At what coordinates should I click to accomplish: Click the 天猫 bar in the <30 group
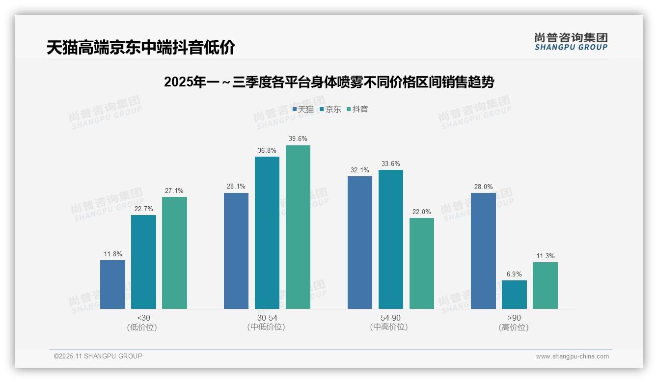112,284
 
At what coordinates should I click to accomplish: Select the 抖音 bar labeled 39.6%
298,227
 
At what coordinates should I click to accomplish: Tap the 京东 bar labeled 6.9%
514,295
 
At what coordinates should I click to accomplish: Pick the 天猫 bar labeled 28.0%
483,251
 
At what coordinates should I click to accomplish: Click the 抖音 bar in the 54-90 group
422,263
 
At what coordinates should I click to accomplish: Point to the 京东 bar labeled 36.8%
267,233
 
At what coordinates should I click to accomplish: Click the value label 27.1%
174,191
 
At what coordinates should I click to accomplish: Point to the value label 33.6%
391,164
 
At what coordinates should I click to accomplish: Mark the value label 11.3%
545,256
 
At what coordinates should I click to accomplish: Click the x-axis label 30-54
267,318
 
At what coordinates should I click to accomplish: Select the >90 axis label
514,318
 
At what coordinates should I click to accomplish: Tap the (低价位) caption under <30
142,328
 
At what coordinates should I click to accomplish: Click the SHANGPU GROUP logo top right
571,42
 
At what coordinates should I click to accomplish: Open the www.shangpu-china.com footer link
572,356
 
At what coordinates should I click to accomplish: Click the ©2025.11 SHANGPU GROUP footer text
98,356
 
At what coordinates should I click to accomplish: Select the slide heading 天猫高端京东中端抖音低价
141,48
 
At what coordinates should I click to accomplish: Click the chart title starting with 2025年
329,82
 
